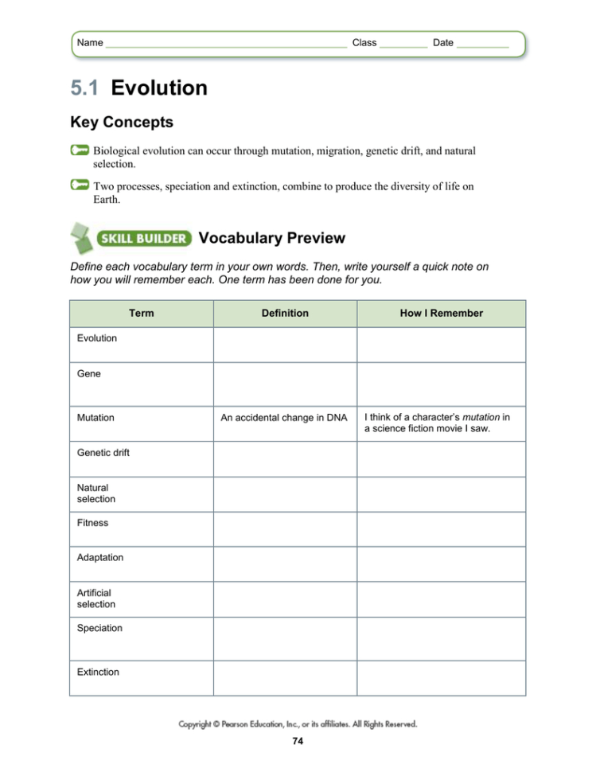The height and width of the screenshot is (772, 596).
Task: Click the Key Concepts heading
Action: [x=122, y=123]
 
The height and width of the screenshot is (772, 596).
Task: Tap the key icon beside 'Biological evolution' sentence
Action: [x=80, y=150]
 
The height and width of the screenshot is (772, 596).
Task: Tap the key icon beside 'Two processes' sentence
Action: [x=80, y=185]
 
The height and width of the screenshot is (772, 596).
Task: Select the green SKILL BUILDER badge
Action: [x=143, y=238]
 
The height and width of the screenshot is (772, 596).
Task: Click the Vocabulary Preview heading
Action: [x=271, y=238]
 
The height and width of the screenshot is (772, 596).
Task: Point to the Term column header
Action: [x=141, y=314]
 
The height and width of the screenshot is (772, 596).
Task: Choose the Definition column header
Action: [x=284, y=314]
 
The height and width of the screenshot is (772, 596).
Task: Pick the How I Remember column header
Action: [x=441, y=314]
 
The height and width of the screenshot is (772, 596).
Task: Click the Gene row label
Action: [x=89, y=373]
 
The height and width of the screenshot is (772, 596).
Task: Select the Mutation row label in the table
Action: [x=95, y=417]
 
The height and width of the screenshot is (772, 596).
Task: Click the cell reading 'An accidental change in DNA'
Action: [x=284, y=418]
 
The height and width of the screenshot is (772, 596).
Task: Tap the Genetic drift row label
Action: [x=103, y=453]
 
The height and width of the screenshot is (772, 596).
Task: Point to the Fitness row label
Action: [x=93, y=523]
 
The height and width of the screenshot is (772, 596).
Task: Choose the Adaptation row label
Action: [x=100, y=558]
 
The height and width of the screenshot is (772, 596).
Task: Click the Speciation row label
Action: [x=99, y=628]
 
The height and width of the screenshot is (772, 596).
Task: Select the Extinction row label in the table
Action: [x=98, y=673]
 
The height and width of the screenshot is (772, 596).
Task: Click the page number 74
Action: [x=298, y=742]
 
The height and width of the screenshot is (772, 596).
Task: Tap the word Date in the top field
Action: [x=442, y=43]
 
